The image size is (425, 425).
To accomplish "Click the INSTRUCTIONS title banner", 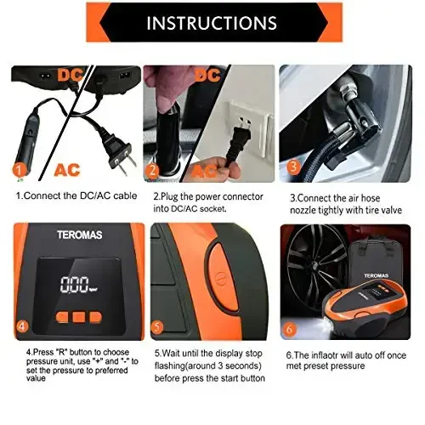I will [212, 22].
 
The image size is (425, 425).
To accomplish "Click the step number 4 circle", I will [22, 325].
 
